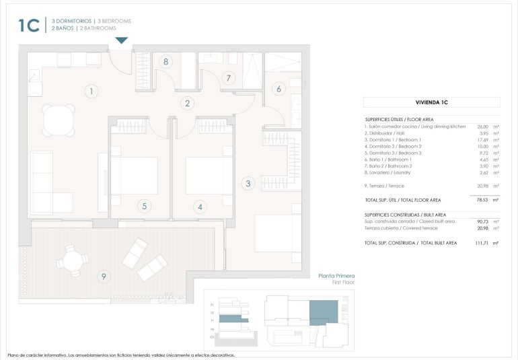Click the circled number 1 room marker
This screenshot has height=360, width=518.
92,92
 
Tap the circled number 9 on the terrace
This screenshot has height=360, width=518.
103,276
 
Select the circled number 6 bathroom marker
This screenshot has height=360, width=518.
277,89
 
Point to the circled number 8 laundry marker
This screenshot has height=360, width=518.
165,62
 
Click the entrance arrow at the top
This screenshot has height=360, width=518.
121,41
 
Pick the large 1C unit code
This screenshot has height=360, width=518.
29,25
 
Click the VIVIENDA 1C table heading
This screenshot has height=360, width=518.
431,102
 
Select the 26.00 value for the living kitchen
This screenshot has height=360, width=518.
482,127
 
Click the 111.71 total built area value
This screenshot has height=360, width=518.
480,243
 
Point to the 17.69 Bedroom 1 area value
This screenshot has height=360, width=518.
482,139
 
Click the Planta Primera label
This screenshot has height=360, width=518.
336,276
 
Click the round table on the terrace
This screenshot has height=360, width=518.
72,260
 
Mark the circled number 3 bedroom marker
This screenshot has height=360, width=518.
248,183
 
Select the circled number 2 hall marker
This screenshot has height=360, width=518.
188,104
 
